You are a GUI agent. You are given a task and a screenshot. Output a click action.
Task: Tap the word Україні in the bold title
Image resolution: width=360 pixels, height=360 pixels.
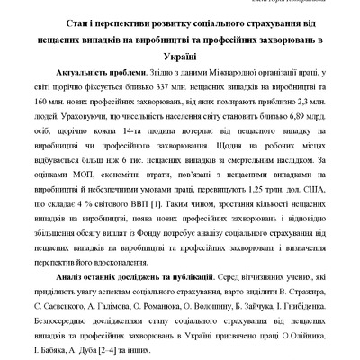point(180,56)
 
